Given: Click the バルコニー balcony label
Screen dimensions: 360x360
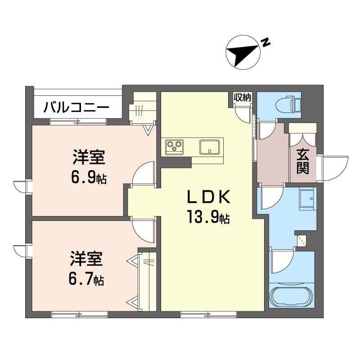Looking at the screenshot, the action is click(76, 108).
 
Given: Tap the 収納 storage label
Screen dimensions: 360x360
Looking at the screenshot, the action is click(243, 98).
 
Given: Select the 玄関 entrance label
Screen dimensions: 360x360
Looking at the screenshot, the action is click(302, 162).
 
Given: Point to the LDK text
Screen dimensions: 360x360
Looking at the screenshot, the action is click(208, 197).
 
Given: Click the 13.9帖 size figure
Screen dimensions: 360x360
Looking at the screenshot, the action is click(208, 217).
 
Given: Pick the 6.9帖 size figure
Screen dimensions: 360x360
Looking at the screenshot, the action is click(89, 177).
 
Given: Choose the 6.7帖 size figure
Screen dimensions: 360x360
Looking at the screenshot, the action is click(86, 279).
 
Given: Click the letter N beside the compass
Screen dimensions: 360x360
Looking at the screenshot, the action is click(265, 42).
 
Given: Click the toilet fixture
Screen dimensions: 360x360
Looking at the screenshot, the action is click(289, 105).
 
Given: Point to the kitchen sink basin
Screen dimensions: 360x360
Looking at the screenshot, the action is click(209, 147).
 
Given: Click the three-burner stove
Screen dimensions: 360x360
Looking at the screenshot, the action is click(175, 147).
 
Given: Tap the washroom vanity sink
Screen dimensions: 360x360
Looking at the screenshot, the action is click(306, 198).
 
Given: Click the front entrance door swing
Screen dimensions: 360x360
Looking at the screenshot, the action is click(335, 169).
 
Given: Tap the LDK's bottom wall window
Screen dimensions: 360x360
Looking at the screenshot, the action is click(209, 314).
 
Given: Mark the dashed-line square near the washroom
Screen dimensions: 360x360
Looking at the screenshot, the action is click(301, 241).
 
